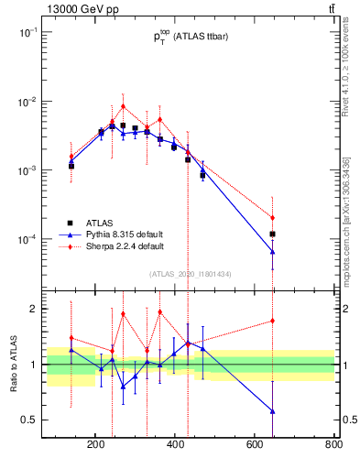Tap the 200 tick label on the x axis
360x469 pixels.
[95, 446]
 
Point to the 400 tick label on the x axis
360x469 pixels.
[175, 446]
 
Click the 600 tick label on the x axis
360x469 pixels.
[255, 446]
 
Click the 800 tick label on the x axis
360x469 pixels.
[333, 446]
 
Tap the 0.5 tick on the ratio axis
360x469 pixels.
[29, 420]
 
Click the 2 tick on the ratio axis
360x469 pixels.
[33, 309]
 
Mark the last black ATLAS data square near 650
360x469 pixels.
[273, 234]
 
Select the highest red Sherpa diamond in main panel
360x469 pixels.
[123, 106]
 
